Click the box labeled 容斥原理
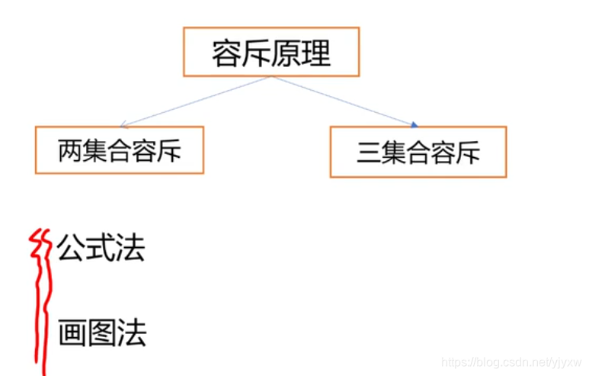pyautogui.click(x=271, y=52)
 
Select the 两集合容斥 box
pyautogui.click(x=120, y=150)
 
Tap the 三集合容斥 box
pyautogui.click(x=418, y=152)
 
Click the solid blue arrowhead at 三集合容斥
pyautogui.click(x=415, y=124)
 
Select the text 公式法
pyautogui.click(x=101, y=249)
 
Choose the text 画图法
pyautogui.click(x=101, y=333)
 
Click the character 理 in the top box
pyautogui.click(x=316, y=53)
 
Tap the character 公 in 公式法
pyautogui.click(x=71, y=249)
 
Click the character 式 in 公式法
pyautogui.click(x=101, y=249)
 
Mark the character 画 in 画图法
pyautogui.click(x=72, y=333)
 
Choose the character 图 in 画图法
pyautogui.click(x=101, y=333)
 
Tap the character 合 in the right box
pyautogui.click(x=418, y=153)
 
